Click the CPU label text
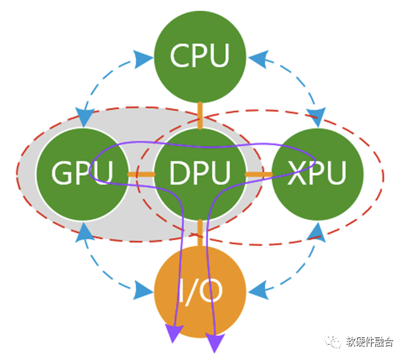coord(199,55)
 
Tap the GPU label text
coord(83,173)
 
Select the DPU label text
coord(199,173)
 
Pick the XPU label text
coord(317,173)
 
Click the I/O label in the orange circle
coord(201,291)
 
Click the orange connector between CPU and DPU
coord(200,116)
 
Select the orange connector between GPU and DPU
coord(142,175)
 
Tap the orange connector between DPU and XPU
coord(258,175)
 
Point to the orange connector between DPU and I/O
coord(199,233)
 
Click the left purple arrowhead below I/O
coord(174,333)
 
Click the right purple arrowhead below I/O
coord(215,342)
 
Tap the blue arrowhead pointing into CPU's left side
coord(143,59)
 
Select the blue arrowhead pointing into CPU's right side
coord(258,59)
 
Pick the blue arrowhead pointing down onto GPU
coord(84,118)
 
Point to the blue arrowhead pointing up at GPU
coord(84,231)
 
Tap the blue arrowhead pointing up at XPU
coord(317,231)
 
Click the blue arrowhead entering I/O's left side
coord(143,291)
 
